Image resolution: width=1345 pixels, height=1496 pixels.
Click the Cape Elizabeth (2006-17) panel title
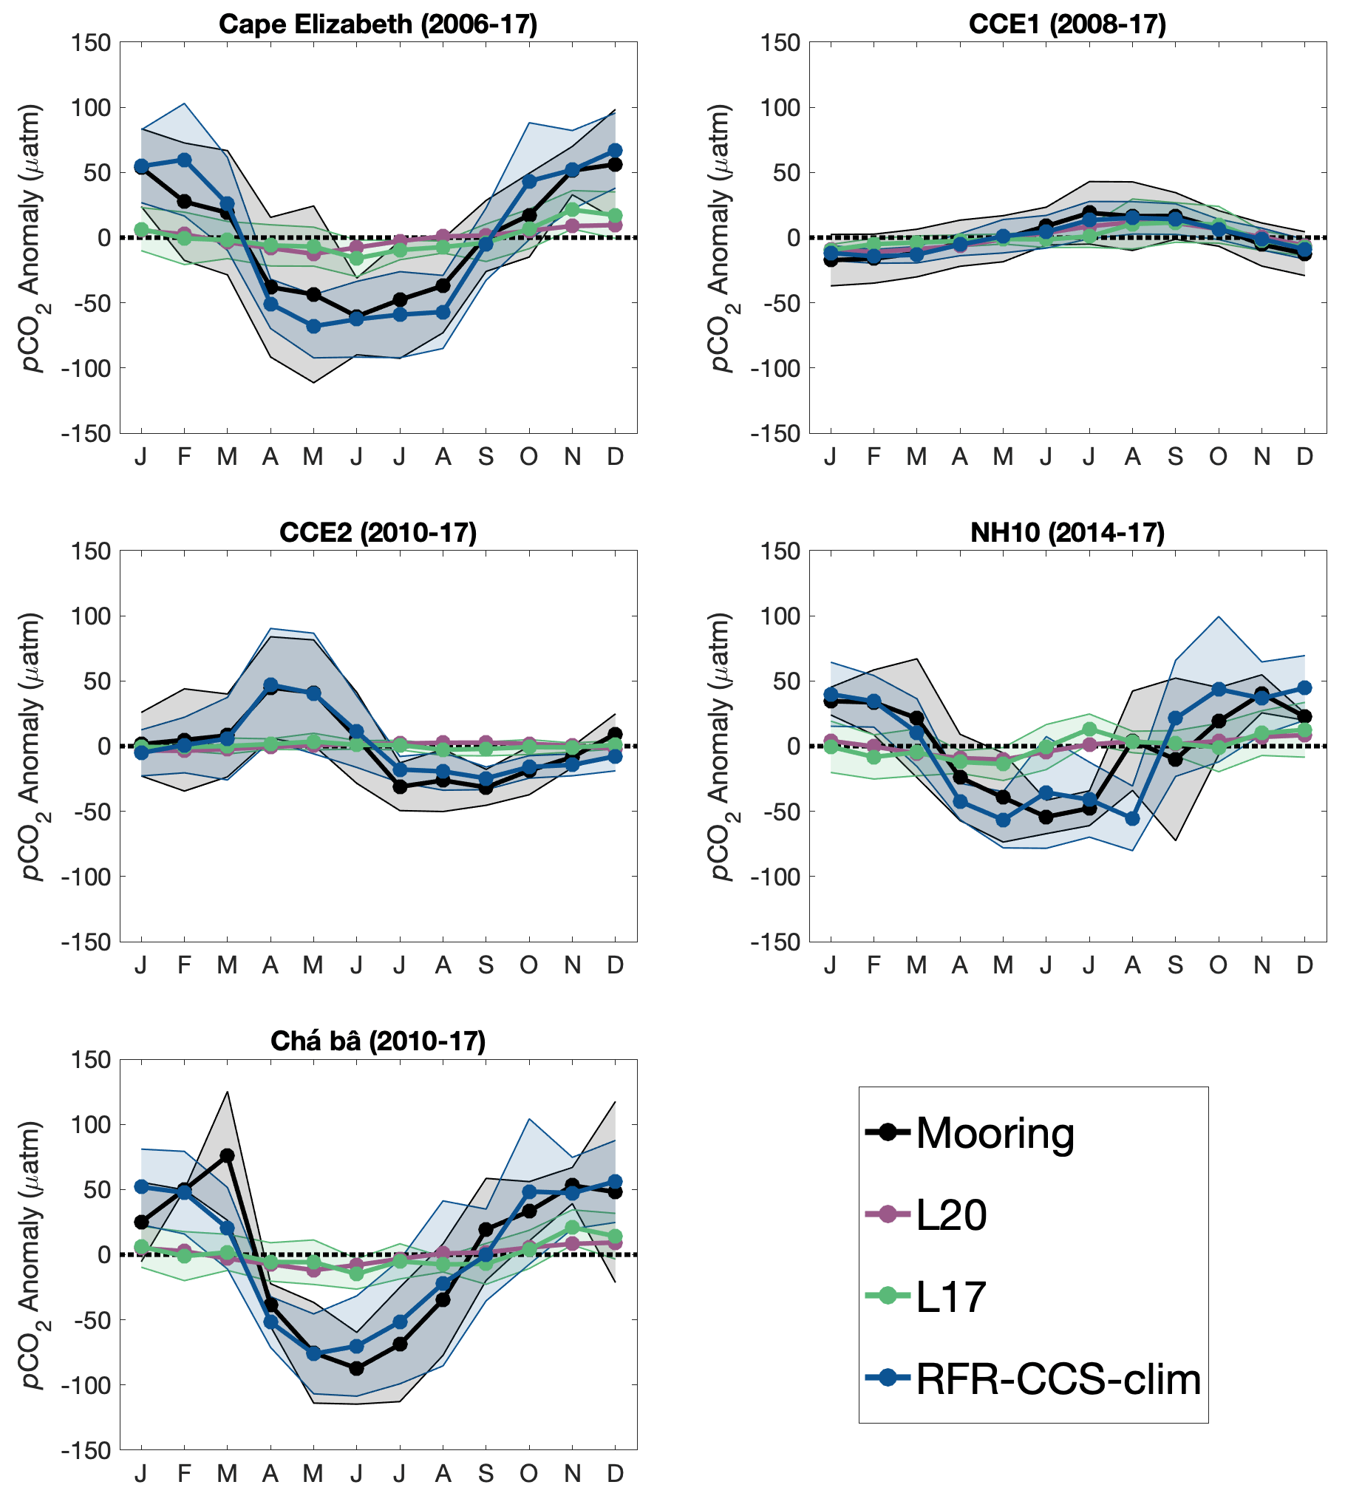378,24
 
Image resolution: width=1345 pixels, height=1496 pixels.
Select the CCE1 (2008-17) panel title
1067,24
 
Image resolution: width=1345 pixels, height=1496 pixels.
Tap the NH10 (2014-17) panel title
1067,532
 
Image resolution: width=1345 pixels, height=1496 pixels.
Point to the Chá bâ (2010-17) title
378,1041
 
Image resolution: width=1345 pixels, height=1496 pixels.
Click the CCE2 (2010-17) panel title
378,532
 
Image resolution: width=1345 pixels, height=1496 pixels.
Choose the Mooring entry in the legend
995,1132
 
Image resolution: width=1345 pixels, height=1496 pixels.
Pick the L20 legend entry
951,1214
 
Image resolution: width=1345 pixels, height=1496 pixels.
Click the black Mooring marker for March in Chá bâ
228,1155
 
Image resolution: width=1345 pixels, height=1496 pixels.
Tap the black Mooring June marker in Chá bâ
357,1368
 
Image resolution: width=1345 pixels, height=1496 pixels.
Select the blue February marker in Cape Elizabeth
185,160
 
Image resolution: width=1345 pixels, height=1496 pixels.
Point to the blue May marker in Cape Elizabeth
314,326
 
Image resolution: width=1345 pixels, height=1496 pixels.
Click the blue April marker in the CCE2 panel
270,685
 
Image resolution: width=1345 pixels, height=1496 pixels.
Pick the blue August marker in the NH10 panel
1132,818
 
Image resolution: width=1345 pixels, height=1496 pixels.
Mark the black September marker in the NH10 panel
1175,759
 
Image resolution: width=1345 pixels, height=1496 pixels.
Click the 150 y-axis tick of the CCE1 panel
782,43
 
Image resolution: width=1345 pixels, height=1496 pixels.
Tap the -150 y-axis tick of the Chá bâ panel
86,1450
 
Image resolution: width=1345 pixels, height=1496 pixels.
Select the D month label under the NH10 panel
1305,965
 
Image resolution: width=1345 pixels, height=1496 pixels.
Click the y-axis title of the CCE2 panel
31,746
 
